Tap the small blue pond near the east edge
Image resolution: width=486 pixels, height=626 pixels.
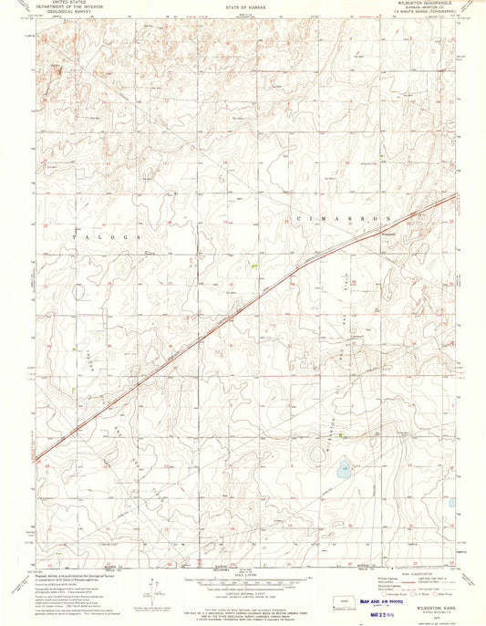tap(451, 502)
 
